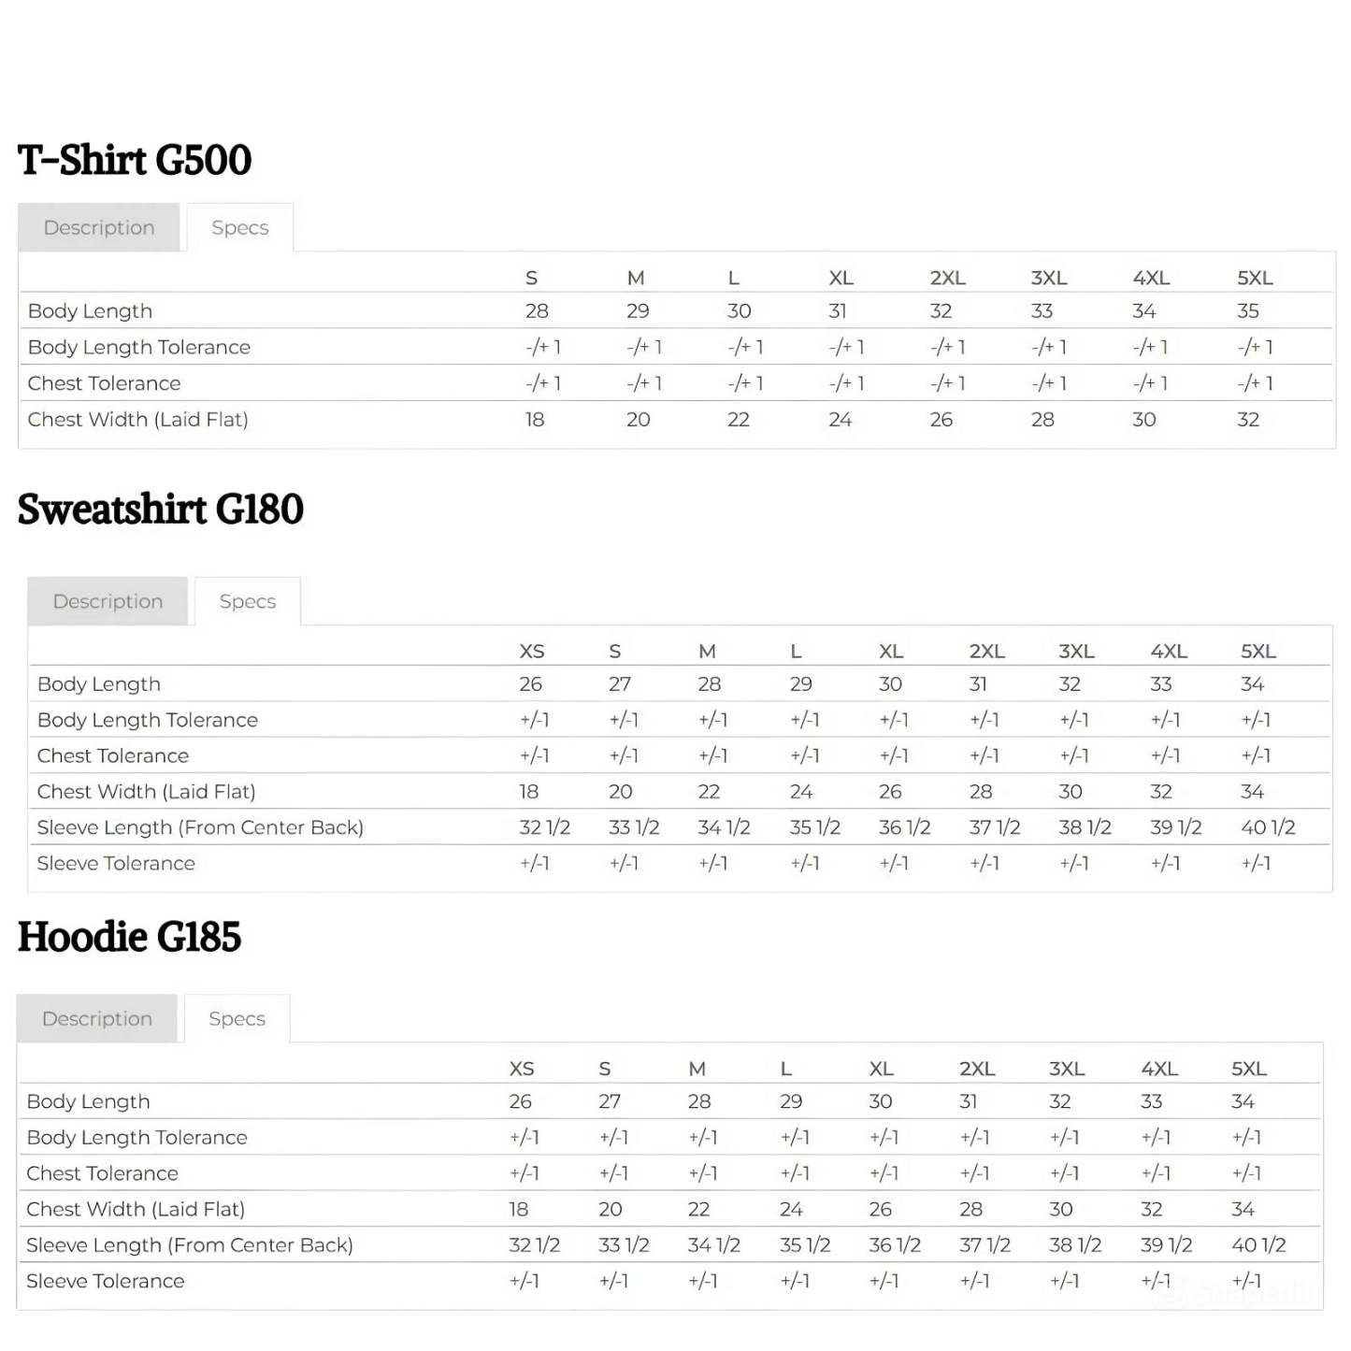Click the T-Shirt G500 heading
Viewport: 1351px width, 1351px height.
click(135, 160)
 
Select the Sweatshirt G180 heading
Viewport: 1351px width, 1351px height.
click(160, 510)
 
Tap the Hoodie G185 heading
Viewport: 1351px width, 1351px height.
click(129, 937)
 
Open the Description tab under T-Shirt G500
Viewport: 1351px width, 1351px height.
click(98, 227)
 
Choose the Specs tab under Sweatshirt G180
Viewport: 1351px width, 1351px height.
click(248, 601)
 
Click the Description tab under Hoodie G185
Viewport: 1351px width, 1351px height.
click(97, 1018)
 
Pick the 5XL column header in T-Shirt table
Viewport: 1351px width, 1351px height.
click(1255, 278)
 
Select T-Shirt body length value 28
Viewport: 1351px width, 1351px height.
click(537, 310)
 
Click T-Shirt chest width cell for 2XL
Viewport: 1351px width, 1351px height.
click(941, 420)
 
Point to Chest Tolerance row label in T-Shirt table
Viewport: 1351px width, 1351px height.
click(104, 383)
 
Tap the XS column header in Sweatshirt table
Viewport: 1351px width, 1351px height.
click(532, 651)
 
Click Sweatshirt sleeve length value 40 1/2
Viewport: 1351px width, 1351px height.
click(1268, 827)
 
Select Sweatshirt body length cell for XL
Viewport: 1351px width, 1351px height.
click(890, 684)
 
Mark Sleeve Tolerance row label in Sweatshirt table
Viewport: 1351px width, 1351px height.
click(116, 863)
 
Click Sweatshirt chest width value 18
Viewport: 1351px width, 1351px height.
click(529, 792)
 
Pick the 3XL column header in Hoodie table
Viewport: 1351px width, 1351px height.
click(1067, 1069)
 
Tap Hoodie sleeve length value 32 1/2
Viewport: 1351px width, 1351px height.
click(534, 1245)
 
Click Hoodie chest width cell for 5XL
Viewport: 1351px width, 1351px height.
click(1243, 1209)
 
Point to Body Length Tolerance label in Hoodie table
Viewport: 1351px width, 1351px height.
click(137, 1138)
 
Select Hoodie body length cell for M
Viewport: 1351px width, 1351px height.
click(699, 1101)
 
